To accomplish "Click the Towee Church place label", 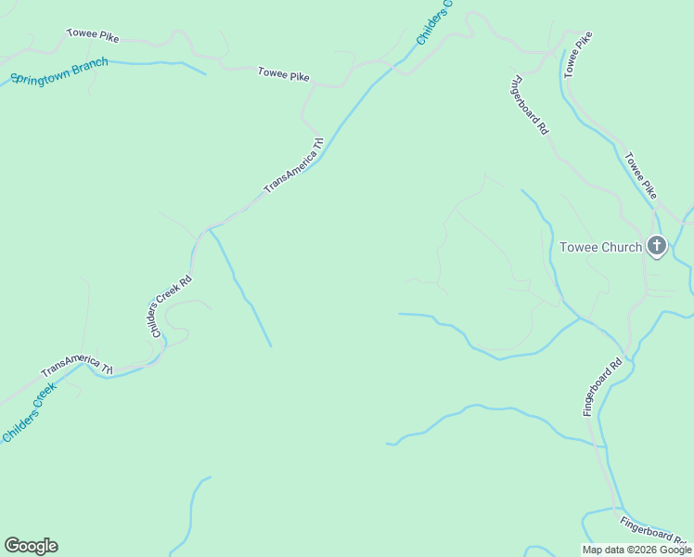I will pyautogui.click(x=600, y=247).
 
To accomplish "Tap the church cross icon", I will pyautogui.click(x=656, y=246).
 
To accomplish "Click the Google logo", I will pyautogui.click(x=31, y=546).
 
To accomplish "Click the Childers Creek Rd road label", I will pyautogui.click(x=172, y=305).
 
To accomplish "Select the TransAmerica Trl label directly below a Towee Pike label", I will pyautogui.click(x=294, y=165).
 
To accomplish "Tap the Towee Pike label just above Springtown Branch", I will pyautogui.click(x=93, y=36).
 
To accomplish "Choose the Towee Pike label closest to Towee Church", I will pyautogui.click(x=641, y=175).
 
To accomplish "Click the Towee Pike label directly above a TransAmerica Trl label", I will pyautogui.click(x=283, y=75).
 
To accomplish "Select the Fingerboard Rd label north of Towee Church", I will pyautogui.click(x=529, y=105).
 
